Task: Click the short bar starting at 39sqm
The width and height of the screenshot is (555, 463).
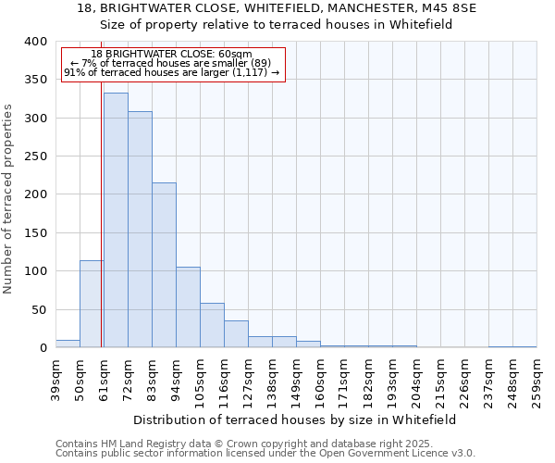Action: [68, 344]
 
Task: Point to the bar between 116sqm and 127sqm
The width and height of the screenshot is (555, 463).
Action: [236, 334]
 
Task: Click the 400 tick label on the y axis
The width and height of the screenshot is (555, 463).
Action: [35, 42]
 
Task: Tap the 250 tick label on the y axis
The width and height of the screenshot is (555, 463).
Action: [35, 156]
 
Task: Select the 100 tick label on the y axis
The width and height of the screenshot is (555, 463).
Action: [35, 271]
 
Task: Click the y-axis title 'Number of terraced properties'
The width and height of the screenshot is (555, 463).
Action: [8, 198]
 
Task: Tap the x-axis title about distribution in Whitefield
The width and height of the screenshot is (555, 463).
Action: [295, 419]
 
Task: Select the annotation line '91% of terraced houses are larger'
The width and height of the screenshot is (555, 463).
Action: [172, 72]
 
